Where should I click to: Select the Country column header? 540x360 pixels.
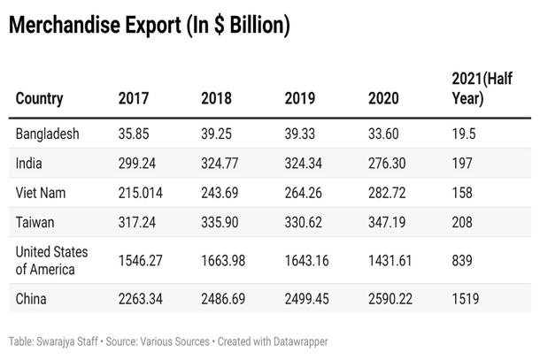coord(39,98)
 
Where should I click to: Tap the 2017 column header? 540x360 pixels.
coord(133,98)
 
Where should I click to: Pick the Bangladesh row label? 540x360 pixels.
coord(48,134)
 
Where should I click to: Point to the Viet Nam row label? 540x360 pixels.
coord(41,192)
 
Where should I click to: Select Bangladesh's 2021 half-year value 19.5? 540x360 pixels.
coord(463,134)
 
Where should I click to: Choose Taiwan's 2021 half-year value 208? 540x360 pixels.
coord(462,221)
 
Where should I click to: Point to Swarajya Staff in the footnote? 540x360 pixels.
coord(73,341)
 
